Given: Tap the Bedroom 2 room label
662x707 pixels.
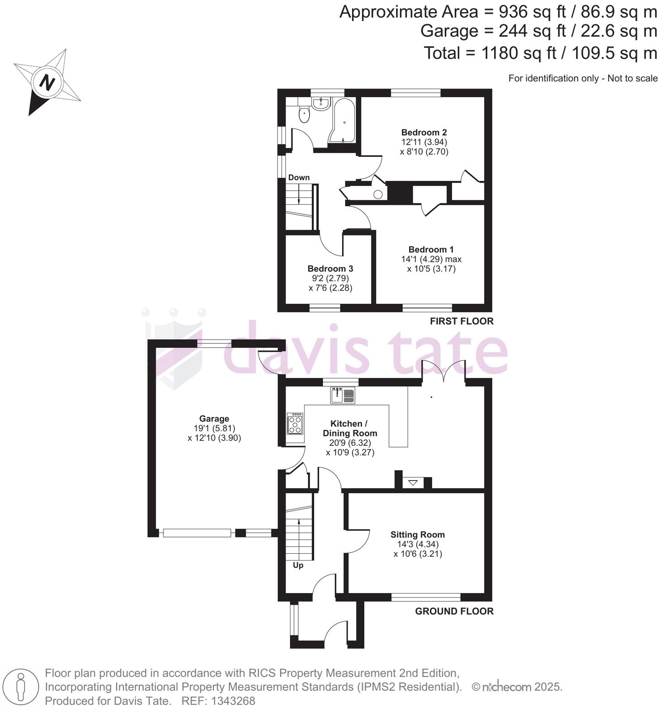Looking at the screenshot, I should (424, 132).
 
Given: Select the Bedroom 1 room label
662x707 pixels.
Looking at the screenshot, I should (431, 250).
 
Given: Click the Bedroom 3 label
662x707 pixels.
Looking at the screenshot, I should (330, 269).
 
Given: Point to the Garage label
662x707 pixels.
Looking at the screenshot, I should (214, 419).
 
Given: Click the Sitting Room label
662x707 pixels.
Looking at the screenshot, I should (418, 535).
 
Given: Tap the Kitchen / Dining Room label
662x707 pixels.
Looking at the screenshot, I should (349, 428).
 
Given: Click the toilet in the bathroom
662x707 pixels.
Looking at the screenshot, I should (304, 115).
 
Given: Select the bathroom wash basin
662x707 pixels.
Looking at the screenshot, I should (321, 104).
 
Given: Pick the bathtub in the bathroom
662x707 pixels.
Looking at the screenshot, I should (343, 120).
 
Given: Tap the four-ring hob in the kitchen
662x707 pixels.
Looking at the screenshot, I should (295, 424).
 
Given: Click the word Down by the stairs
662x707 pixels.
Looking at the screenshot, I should (299, 177).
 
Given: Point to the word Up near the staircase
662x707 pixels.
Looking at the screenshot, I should (298, 566).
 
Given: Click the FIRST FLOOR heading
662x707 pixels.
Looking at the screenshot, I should (462, 321).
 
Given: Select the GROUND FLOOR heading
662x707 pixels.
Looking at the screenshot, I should (454, 611).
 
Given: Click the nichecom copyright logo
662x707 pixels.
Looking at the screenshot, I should (507, 687).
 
